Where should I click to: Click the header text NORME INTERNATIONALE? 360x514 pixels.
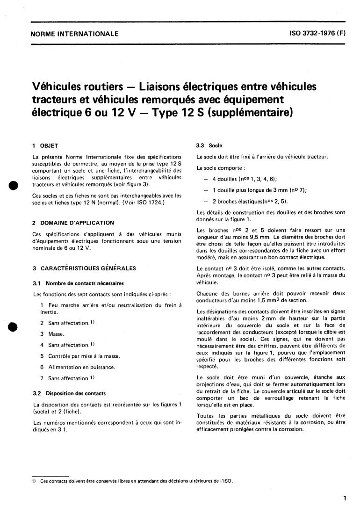pyautogui.click(x=74, y=34)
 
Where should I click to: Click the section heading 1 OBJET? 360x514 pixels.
pyautogui.click(x=45, y=146)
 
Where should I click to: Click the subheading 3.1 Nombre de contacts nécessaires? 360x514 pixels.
pyautogui.click(x=78, y=283)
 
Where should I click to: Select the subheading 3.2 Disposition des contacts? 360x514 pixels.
pyautogui.click(x=69, y=393)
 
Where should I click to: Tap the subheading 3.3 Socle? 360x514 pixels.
pyautogui.click(x=209, y=145)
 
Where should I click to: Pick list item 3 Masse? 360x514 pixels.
pyautogui.click(x=52, y=334)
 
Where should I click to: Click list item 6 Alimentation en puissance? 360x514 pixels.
pyautogui.click(x=77, y=367)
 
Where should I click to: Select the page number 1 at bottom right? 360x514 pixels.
pyautogui.click(x=345, y=499)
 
